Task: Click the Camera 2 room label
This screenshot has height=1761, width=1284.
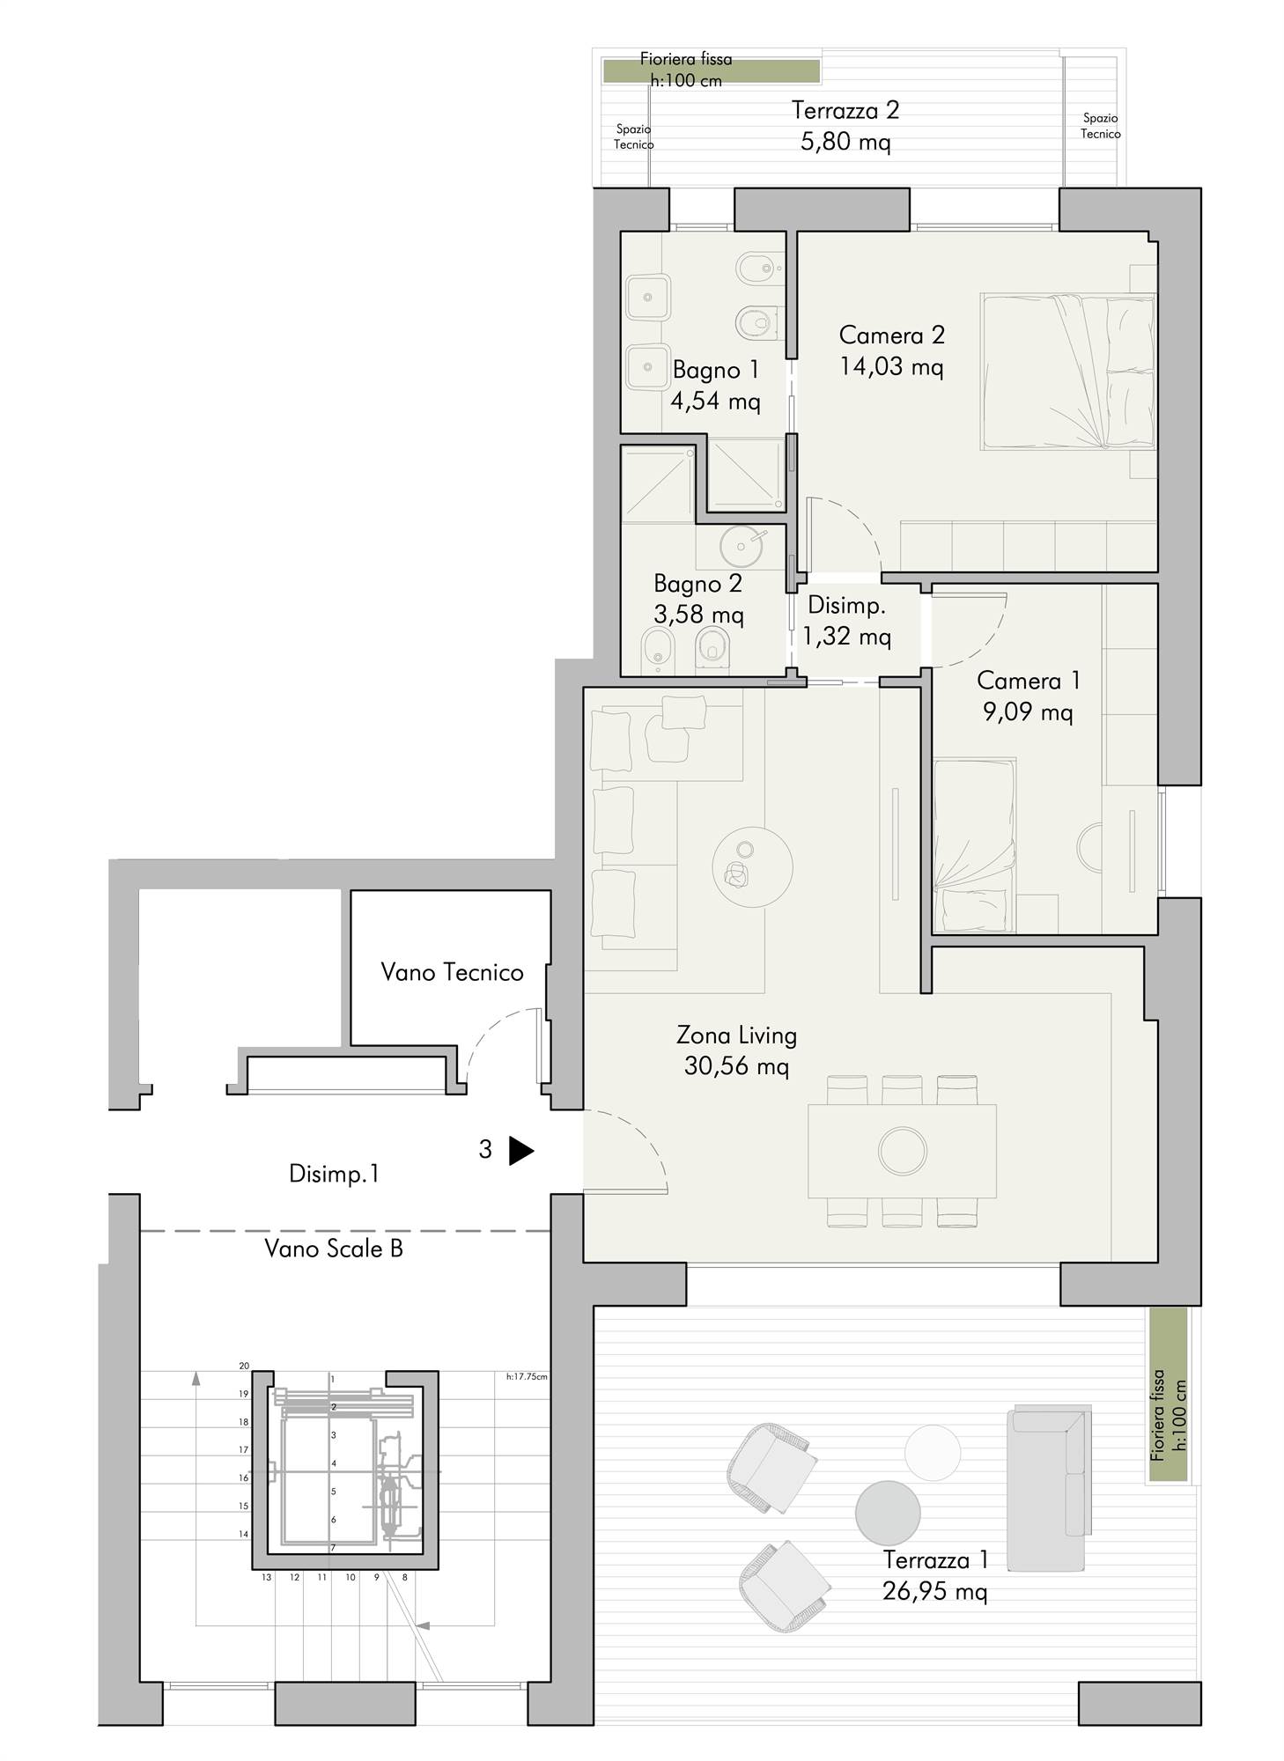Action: (x=891, y=335)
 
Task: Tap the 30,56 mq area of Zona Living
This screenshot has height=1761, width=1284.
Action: (x=736, y=1066)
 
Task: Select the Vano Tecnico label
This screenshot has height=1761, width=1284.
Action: (x=452, y=972)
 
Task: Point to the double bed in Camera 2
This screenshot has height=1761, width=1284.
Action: (x=1067, y=372)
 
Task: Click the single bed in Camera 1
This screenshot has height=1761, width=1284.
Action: (x=974, y=844)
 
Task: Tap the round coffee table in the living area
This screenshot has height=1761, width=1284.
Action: (x=752, y=866)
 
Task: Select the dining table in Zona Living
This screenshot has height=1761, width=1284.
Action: (x=902, y=1151)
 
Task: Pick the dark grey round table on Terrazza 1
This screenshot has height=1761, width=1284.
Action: (x=888, y=1513)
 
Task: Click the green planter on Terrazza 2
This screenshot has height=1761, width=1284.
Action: (x=711, y=70)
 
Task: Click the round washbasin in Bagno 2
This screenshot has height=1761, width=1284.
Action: (x=741, y=547)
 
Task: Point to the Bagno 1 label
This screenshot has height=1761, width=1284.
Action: (x=715, y=370)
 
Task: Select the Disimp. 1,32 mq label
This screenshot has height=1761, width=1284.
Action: (x=846, y=621)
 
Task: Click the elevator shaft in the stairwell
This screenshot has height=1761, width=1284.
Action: (x=345, y=1470)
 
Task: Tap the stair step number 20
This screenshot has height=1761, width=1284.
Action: (x=244, y=1367)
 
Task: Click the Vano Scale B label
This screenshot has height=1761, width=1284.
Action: (x=334, y=1249)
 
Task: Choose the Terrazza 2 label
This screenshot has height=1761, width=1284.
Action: (x=845, y=111)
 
